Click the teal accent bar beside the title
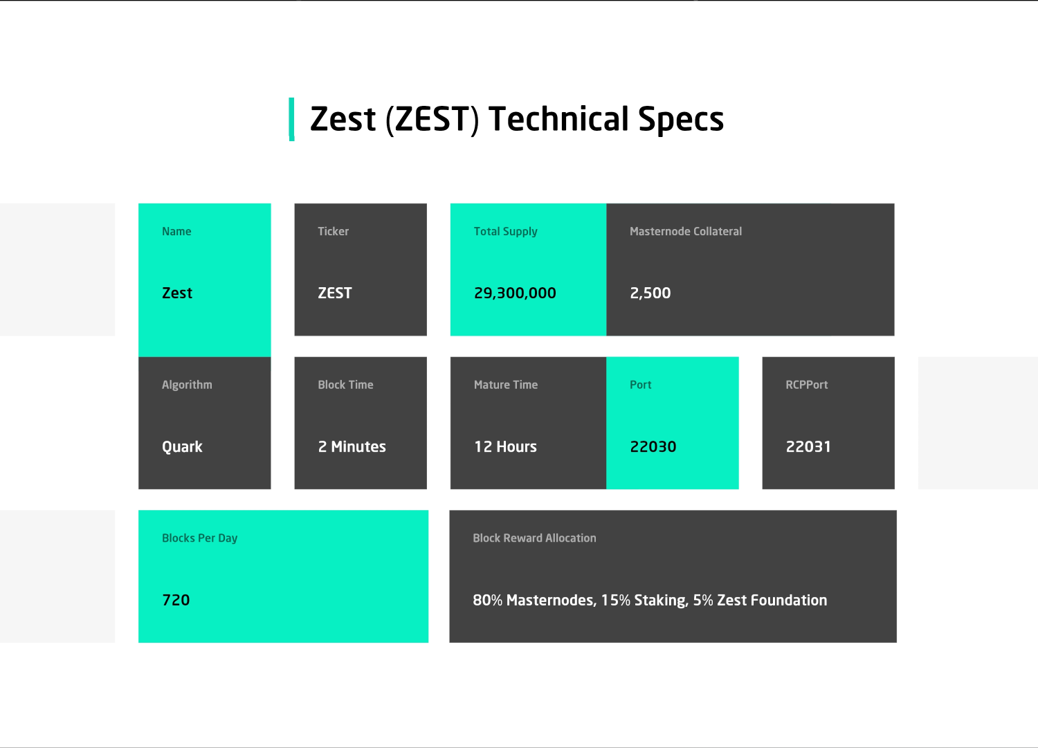291,119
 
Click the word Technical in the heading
558,118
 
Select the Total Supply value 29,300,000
515,293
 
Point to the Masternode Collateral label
685,231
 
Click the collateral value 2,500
650,293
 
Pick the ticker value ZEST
334,293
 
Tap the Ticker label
333,231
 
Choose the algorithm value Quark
182,447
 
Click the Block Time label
345,385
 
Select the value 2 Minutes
352,447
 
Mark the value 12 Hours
505,447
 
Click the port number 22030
653,447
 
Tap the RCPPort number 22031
808,447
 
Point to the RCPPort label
806,385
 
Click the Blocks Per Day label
199,538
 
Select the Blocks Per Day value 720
176,600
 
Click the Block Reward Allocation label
534,538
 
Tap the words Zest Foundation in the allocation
772,600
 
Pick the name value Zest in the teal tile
177,293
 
